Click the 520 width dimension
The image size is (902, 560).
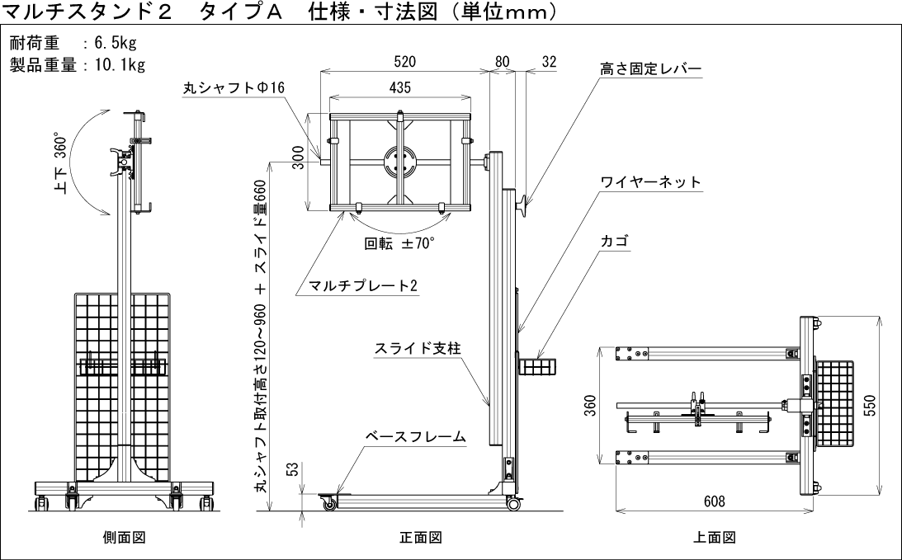404,61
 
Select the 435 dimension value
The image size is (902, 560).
399,87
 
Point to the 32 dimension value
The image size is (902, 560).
550,61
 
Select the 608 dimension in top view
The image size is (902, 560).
715,501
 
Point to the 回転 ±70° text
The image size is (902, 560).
399,243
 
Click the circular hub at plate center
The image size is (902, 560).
400,161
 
